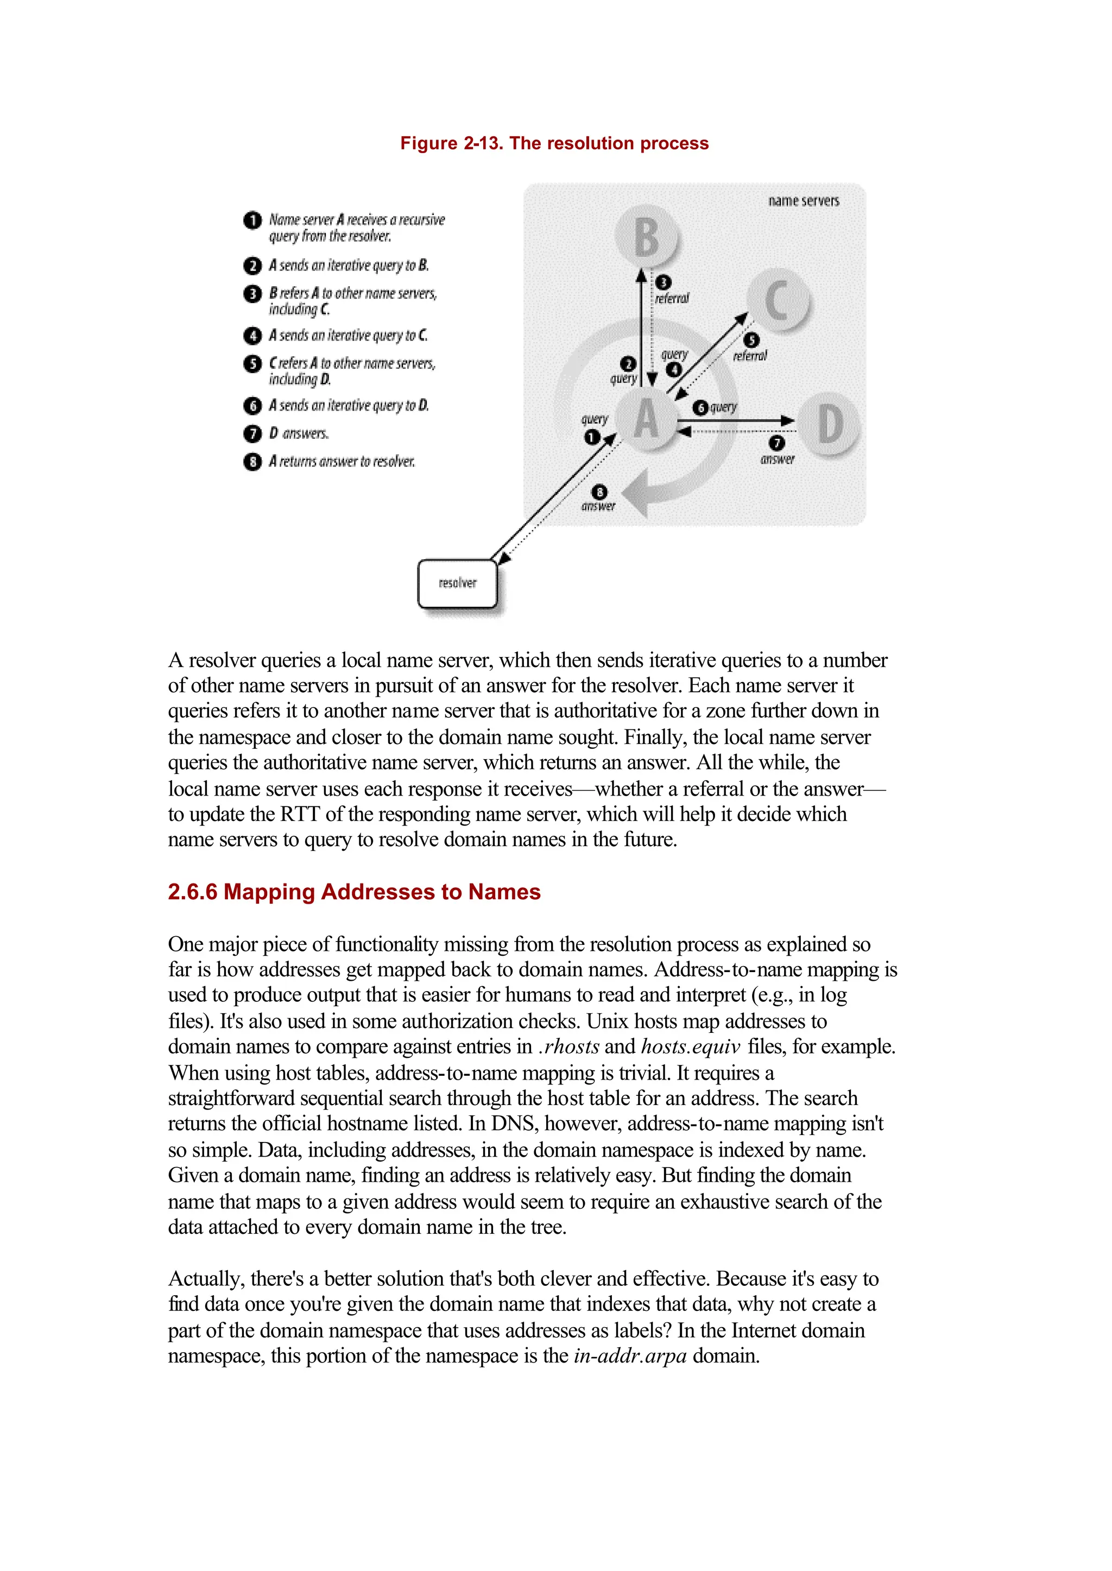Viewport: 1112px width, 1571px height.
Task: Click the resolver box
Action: (x=457, y=583)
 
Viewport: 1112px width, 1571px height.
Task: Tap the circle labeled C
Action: (x=776, y=300)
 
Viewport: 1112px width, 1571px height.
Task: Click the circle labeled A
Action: (x=646, y=419)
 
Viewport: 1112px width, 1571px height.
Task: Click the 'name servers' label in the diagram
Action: (x=803, y=201)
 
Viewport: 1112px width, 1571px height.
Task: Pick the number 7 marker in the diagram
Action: (x=776, y=443)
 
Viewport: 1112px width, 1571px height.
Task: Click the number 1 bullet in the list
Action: (x=252, y=220)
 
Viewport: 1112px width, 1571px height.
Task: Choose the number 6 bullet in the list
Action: (x=252, y=406)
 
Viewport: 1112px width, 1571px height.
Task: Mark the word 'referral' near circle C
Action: (x=750, y=356)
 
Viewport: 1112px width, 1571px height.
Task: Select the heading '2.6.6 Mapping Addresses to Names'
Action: (x=354, y=892)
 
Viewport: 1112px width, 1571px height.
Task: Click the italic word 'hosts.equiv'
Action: (x=690, y=1047)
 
